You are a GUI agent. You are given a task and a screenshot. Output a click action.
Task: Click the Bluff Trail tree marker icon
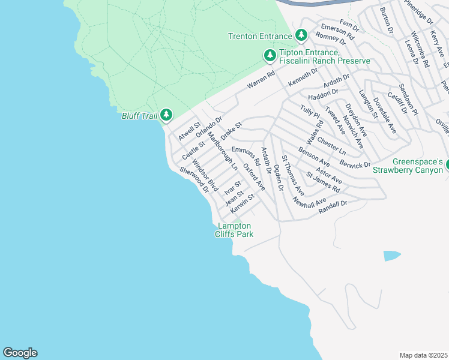(166, 115)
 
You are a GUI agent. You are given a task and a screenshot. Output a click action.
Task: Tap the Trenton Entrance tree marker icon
(301, 36)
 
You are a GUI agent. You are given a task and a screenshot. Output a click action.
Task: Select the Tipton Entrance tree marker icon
(270, 56)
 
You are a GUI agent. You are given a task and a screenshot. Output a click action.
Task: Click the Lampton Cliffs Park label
(234, 230)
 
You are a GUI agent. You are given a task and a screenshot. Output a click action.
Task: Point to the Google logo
(20, 353)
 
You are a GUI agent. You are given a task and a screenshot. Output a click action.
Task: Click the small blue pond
(391, 256)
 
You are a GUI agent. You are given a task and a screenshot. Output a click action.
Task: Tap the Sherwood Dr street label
(194, 179)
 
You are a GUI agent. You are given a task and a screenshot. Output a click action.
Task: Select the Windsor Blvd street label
(204, 173)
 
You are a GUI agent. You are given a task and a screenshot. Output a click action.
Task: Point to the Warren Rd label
(261, 82)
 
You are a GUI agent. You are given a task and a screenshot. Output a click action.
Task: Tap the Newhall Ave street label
(309, 202)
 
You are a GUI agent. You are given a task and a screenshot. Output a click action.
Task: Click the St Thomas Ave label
(294, 176)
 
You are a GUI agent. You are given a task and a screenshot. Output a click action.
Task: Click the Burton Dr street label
(386, 20)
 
